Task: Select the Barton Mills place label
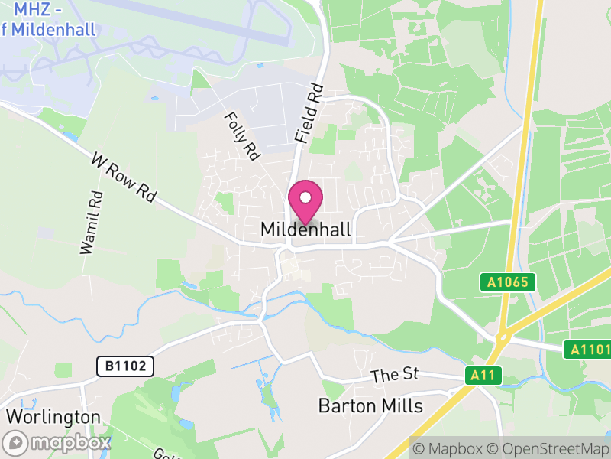tap(370, 405)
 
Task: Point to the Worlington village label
tap(53, 417)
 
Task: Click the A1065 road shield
tap(508, 282)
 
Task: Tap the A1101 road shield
tap(587, 350)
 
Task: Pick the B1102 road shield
tap(125, 366)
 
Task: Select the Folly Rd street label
tap(241, 136)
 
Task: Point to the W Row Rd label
tap(122, 177)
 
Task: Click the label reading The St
tap(396, 375)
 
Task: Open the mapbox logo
tap(57, 443)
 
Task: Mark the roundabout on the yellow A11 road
tap(503, 336)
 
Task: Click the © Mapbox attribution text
tap(448, 448)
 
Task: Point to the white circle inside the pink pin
tap(305, 197)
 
